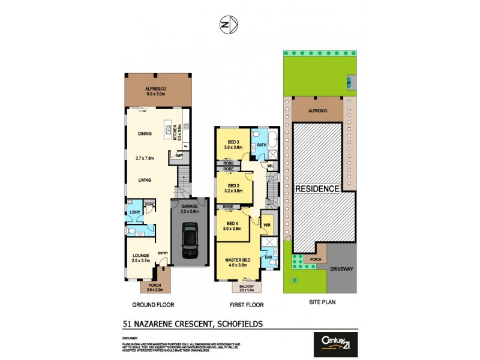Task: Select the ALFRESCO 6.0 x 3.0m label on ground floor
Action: pyautogui.click(x=155, y=91)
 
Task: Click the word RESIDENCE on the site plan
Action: pyautogui.click(x=317, y=188)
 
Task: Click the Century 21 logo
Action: pyautogui.click(x=336, y=344)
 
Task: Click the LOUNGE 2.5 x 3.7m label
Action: pyautogui.click(x=140, y=258)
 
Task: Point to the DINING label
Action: pyautogui.click(x=144, y=134)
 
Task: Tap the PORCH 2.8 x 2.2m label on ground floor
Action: pyautogui.click(x=155, y=288)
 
